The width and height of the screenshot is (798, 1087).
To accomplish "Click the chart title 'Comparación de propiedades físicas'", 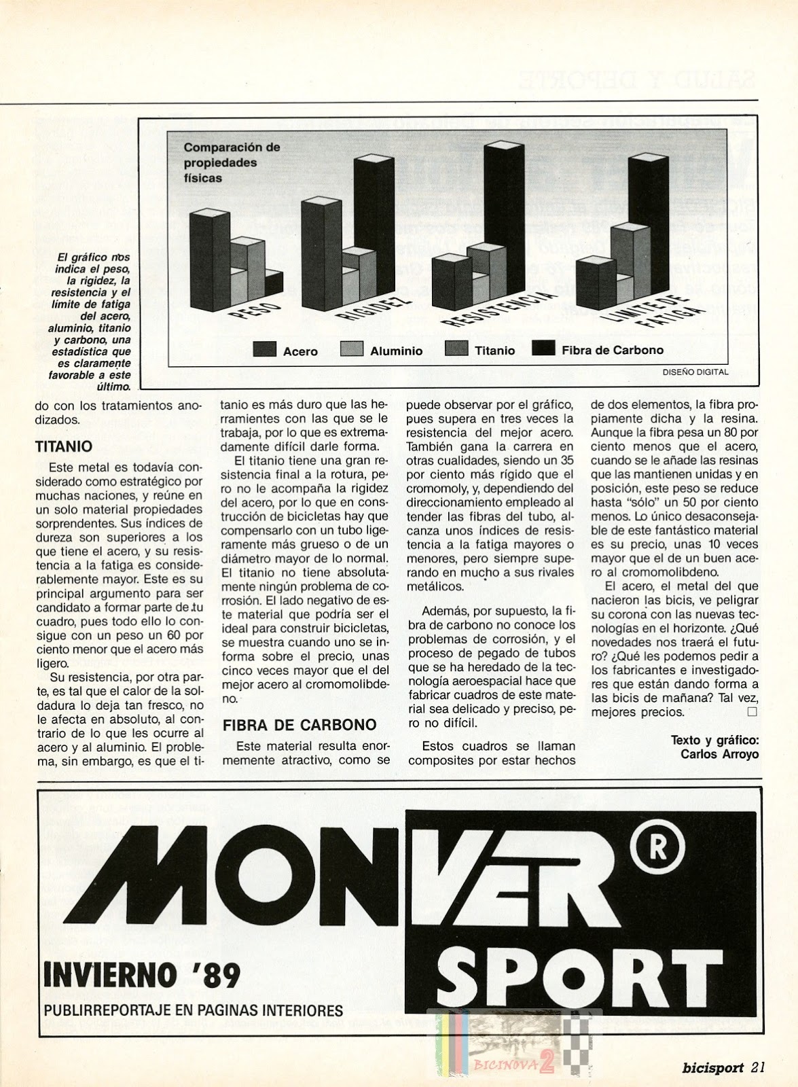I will (x=222, y=162).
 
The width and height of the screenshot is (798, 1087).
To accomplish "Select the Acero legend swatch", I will (x=264, y=350).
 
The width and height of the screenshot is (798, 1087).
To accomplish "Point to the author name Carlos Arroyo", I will (x=723, y=753).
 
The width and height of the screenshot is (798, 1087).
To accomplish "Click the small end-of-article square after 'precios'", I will (x=751, y=712).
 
